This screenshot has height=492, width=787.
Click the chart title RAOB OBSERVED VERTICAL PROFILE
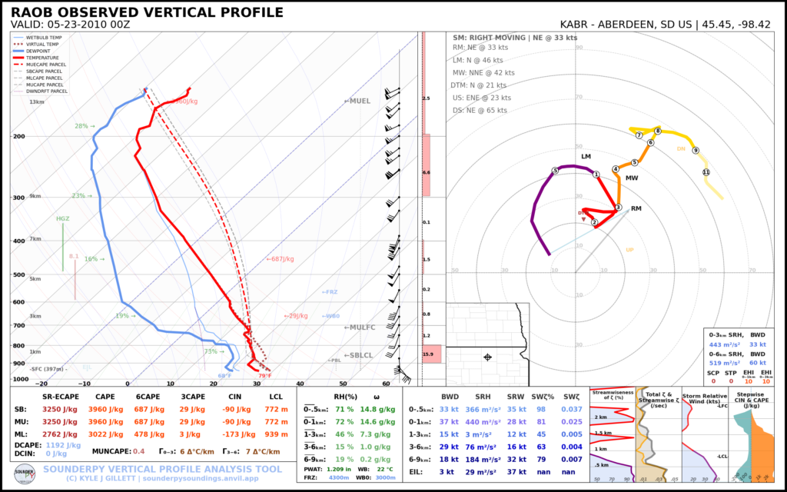click(147, 13)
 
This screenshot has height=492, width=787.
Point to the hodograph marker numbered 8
click(658, 131)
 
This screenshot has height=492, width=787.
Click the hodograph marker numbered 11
click(706, 172)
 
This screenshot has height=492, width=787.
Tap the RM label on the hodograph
click(636, 209)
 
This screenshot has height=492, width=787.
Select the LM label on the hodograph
click(586, 157)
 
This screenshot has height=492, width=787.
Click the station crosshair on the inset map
click(487, 357)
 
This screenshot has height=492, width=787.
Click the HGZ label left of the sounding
click(62, 219)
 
